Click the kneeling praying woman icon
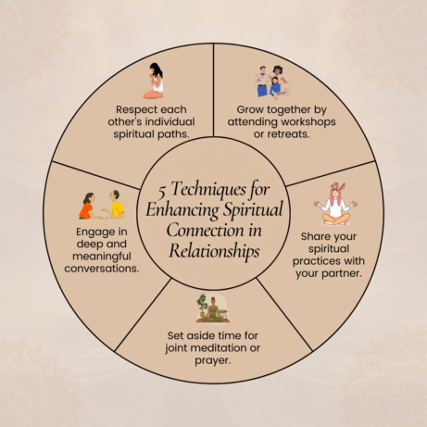154,81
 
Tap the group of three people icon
272,82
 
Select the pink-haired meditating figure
335,204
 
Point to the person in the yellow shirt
115,205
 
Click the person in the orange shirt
89,206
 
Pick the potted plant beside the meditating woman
202,306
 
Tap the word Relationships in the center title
214,251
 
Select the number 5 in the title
162,192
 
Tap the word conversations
102,269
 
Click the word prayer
213,360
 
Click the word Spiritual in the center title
253,209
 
